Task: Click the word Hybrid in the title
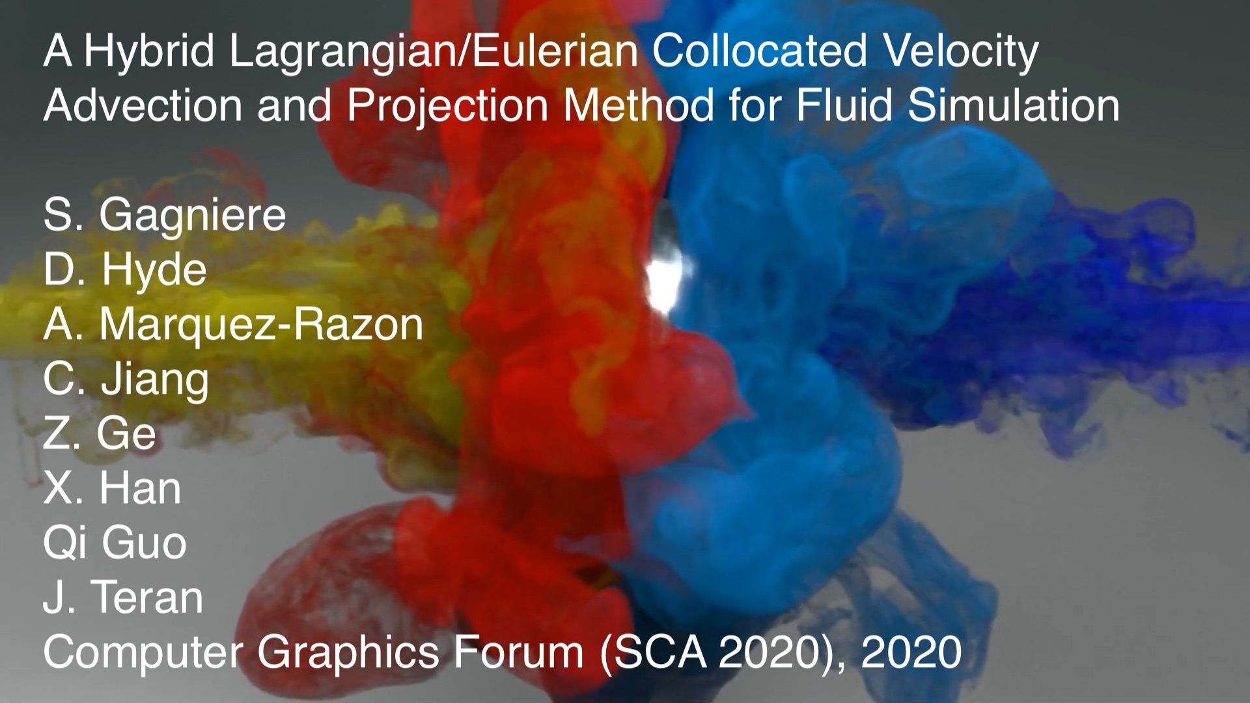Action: click(x=149, y=52)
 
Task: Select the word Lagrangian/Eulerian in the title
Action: click(x=434, y=52)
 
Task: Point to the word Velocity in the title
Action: click(x=960, y=52)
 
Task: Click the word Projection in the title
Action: click(x=448, y=106)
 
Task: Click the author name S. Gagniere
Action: click(x=165, y=215)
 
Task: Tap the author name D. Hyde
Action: click(x=125, y=270)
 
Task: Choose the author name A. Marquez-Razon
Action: click(x=233, y=325)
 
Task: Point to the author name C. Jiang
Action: click(x=126, y=379)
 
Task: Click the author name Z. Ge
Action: click(x=100, y=434)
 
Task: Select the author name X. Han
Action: click(x=112, y=488)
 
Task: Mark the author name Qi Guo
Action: click(x=115, y=544)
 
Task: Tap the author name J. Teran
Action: click(x=124, y=597)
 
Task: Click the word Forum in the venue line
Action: click(x=519, y=652)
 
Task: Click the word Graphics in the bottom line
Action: click(x=348, y=653)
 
